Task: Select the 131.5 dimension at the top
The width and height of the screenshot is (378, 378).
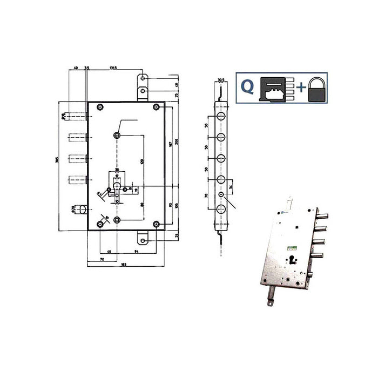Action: [113, 69]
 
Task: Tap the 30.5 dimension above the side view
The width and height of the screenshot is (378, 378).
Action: [221, 80]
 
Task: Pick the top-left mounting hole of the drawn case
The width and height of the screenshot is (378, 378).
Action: [99, 107]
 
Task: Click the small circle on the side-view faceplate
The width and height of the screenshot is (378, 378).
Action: [221, 194]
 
